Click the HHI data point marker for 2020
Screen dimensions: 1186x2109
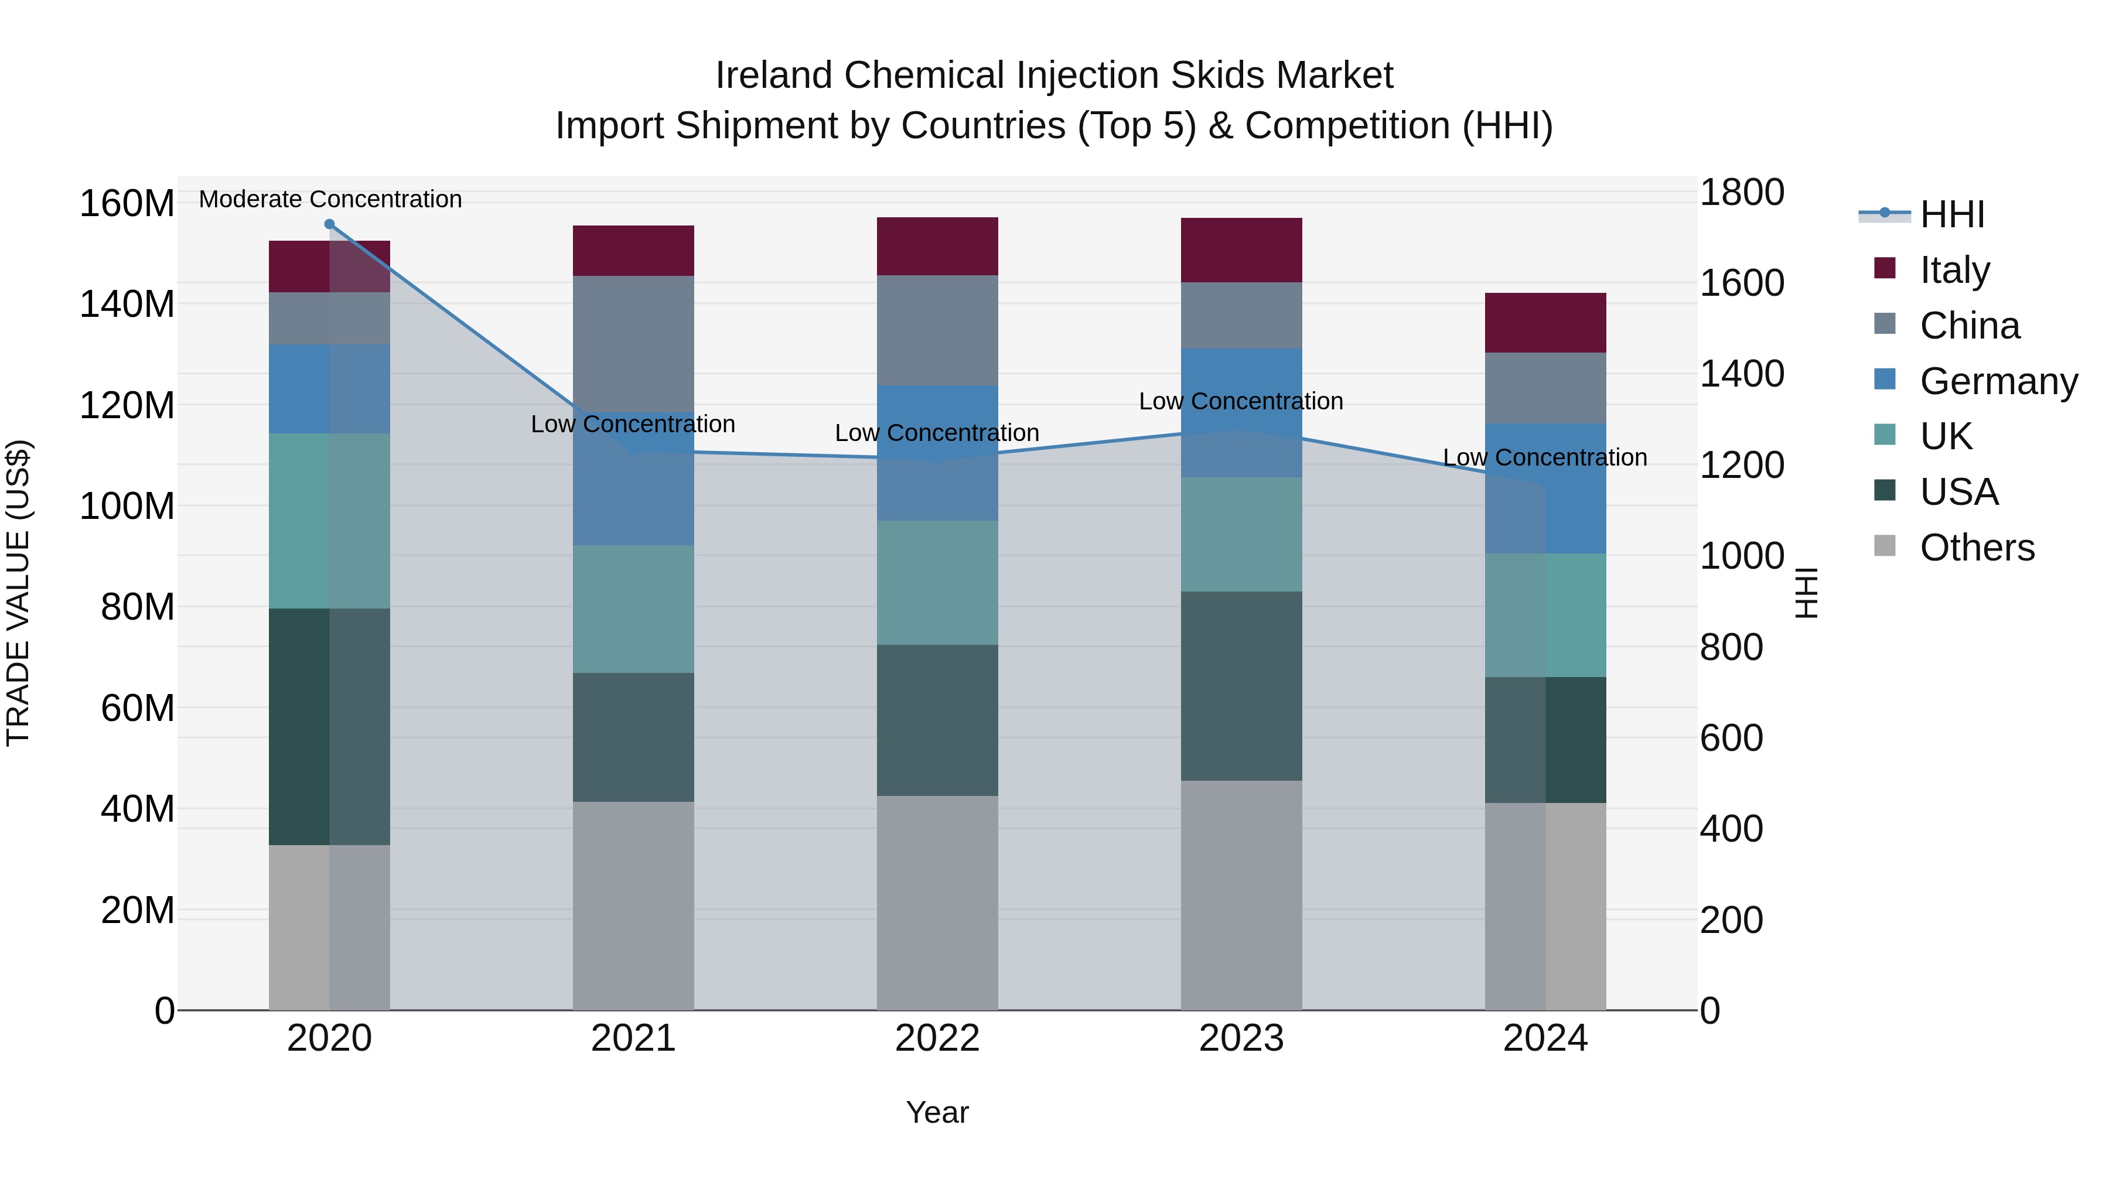[x=329, y=224]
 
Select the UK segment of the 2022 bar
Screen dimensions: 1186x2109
[x=937, y=582]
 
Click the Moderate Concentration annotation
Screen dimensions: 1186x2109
[x=330, y=199]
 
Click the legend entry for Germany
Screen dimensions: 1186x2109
[x=1998, y=381]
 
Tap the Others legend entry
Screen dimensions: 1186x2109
[x=1977, y=548]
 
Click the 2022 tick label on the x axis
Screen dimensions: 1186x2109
[x=937, y=1038]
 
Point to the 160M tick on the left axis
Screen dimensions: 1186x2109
[x=127, y=203]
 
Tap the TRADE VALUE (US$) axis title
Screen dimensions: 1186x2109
[x=18, y=593]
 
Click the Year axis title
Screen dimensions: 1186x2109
[x=937, y=1112]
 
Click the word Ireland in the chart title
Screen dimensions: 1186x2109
[x=774, y=76]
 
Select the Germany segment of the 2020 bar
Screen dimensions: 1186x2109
[x=329, y=389]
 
